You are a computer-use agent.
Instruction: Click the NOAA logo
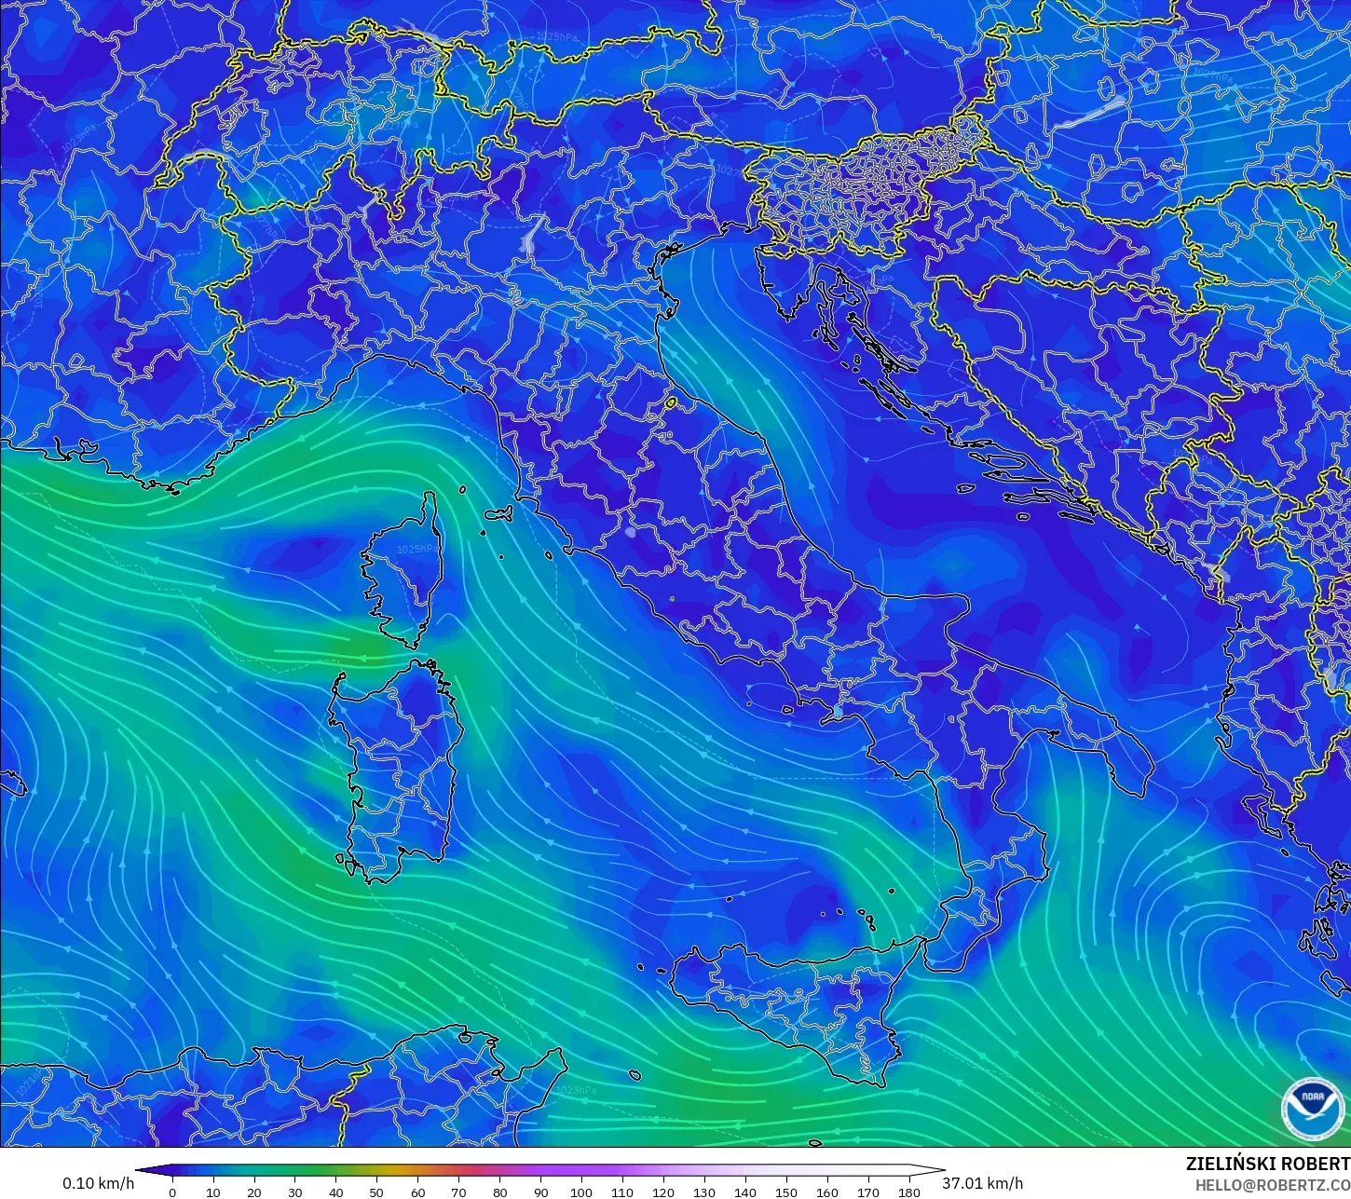coord(1313,1109)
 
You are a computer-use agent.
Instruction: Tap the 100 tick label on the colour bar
coord(581,1192)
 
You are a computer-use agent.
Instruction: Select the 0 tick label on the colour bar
coord(172,1192)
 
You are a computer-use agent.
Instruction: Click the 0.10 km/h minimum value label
coord(99,1183)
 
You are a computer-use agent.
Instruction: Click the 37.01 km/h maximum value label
coord(982,1183)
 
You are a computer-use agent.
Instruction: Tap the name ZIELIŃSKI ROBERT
coord(1267,1164)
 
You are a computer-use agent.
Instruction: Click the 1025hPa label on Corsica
coord(416,550)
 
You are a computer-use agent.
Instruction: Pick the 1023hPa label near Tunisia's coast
coord(575,1089)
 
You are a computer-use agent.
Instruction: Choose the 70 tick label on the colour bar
coord(458,1192)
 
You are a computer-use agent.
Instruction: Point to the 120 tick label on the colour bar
coord(663,1192)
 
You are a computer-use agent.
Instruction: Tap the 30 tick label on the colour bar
coord(294,1192)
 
